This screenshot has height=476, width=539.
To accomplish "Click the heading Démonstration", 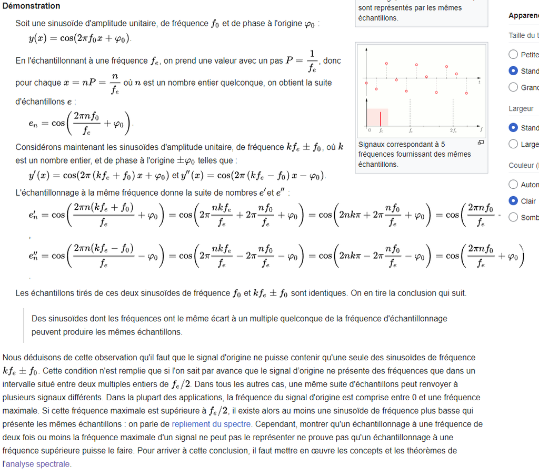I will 31,6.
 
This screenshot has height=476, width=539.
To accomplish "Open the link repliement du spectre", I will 212,423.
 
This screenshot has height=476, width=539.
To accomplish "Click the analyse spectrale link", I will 38,464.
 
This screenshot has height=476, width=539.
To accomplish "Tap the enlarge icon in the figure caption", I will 480,143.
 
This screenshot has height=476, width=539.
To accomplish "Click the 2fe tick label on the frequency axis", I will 453,130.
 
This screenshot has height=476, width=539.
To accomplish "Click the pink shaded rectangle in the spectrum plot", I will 377,116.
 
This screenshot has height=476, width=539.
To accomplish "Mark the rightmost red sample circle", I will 466,93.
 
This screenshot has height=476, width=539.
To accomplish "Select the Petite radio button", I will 513,54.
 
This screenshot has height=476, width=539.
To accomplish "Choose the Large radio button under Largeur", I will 513,144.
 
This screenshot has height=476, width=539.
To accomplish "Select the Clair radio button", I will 513,201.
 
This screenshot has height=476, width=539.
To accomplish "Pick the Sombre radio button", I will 513,217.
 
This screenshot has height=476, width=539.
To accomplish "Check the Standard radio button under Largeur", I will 513,127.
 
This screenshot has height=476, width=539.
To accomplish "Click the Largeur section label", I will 521,108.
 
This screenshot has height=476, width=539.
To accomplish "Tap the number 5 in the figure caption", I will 443,144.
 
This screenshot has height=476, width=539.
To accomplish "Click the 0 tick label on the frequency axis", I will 369,130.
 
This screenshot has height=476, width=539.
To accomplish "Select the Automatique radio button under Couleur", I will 513,185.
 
